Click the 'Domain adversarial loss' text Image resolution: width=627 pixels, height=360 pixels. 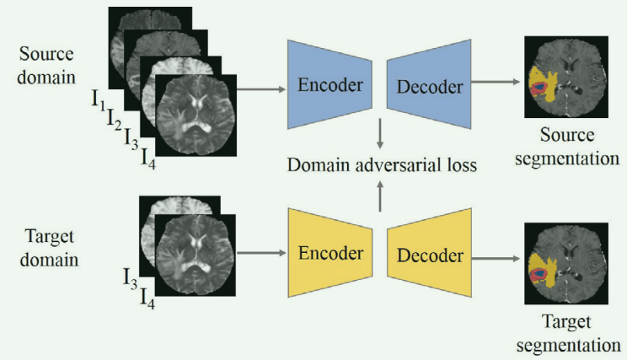(x=380, y=165)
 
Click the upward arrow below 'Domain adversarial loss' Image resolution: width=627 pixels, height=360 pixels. (x=381, y=196)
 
